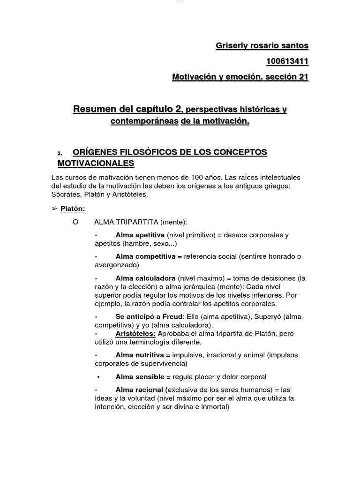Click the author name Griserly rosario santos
pyautogui.click(x=262, y=46)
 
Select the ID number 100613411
pyautogui.click(x=287, y=61)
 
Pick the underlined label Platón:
pyautogui.click(x=73, y=209)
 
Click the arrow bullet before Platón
pyautogui.click(x=54, y=209)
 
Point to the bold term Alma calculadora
pyautogui.click(x=145, y=277)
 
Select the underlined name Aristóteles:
pyautogui.click(x=135, y=333)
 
